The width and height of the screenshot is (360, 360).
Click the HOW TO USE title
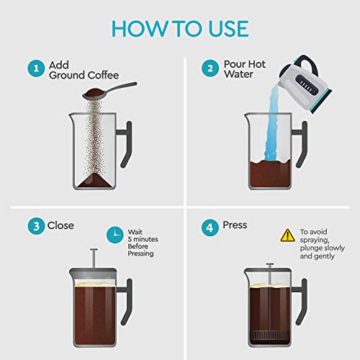click(x=179, y=29)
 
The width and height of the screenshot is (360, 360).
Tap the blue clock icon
click(x=114, y=233)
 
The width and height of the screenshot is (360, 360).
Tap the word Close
click(x=60, y=226)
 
